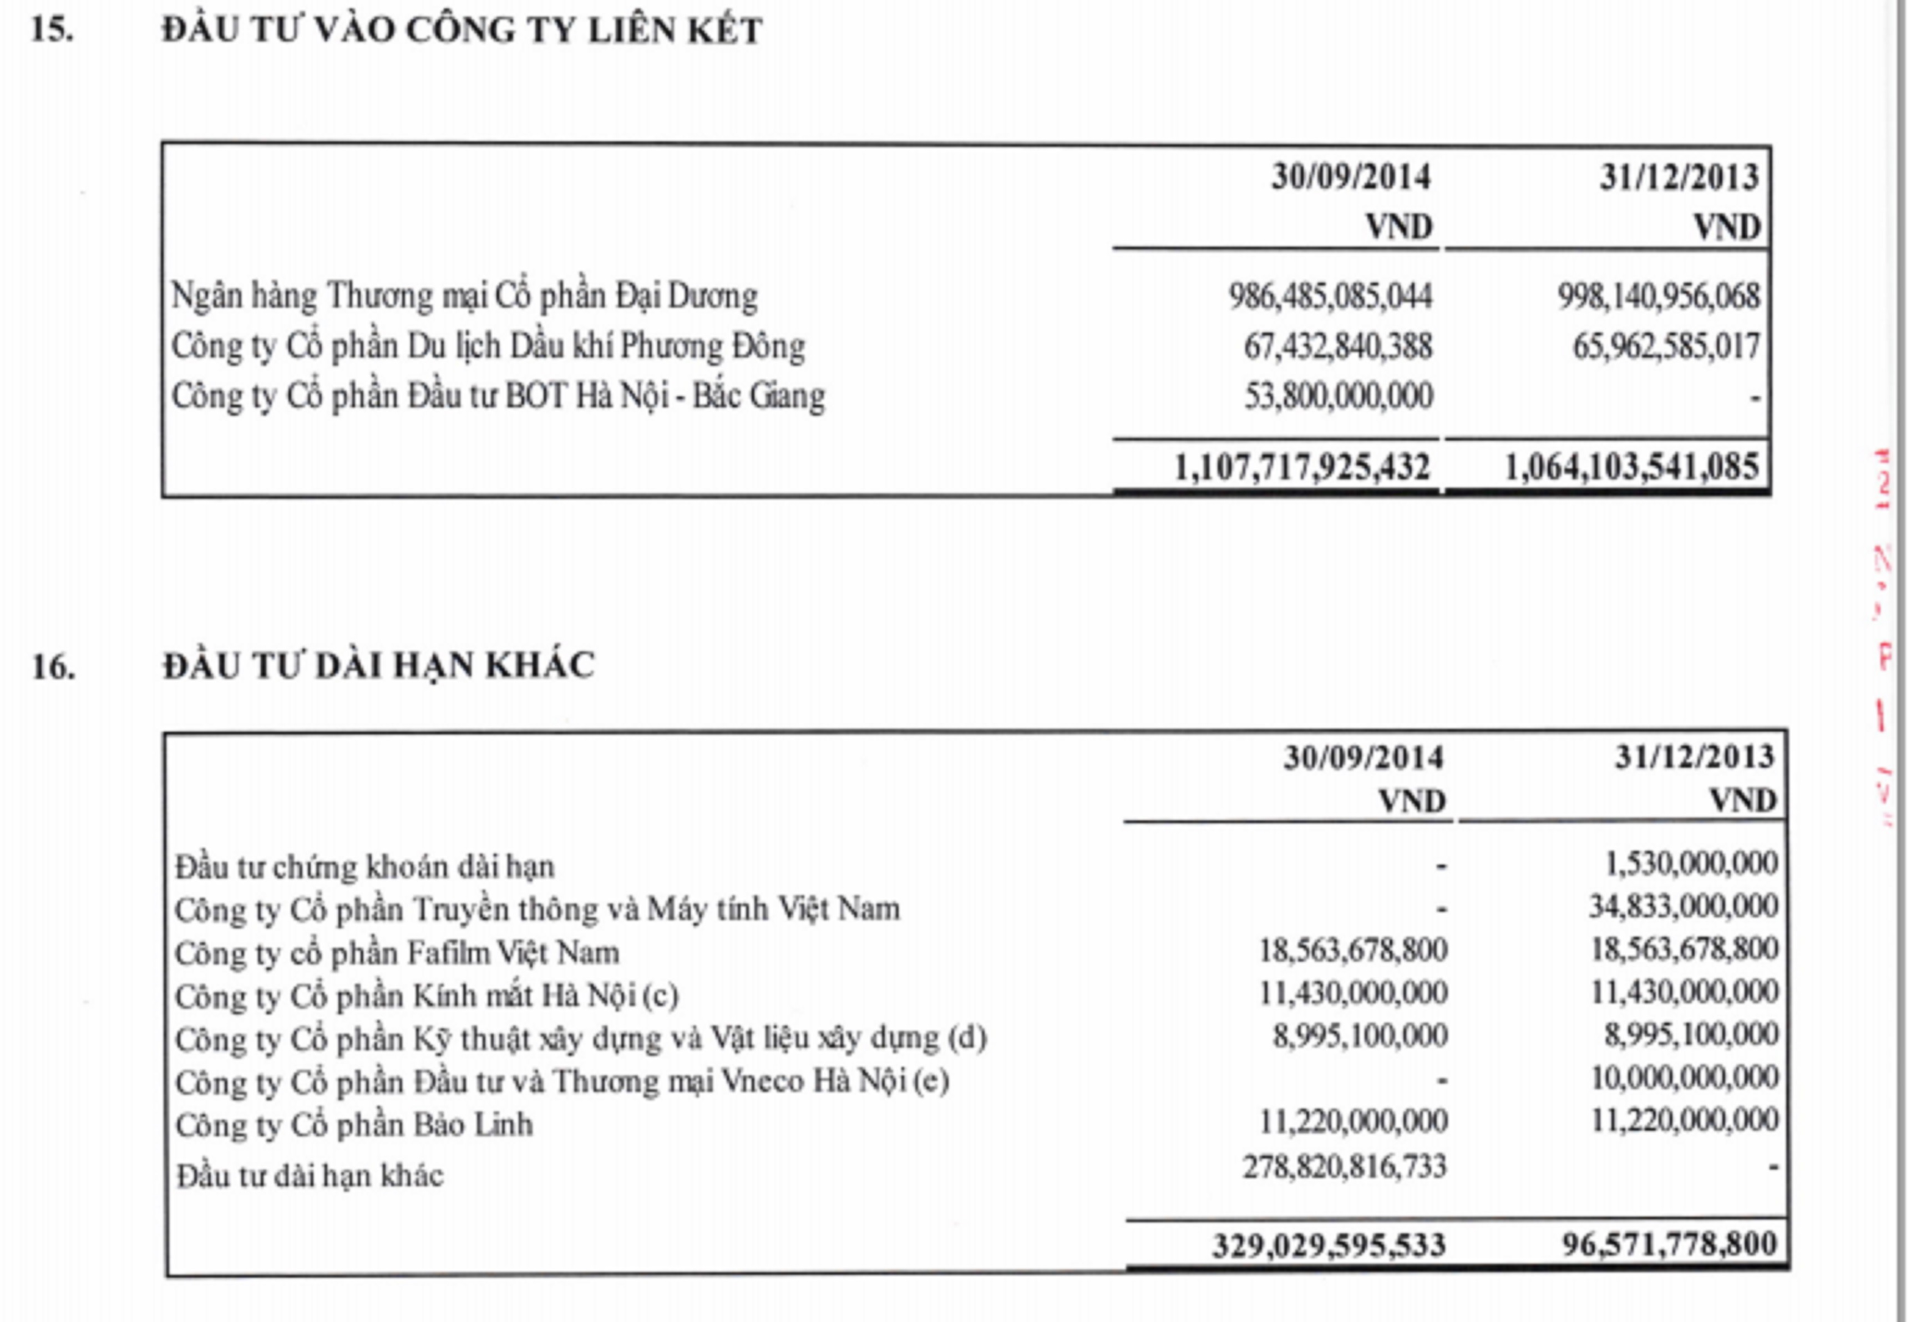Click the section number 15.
(52, 30)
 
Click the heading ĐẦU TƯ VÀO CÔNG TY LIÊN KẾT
(462, 30)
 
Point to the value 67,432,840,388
(1337, 346)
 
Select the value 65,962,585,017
(1666, 346)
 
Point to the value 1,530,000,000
(1691, 864)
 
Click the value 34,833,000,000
(1683, 907)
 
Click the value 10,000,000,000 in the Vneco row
(1684, 1078)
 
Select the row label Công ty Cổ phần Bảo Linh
(354, 1125)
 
